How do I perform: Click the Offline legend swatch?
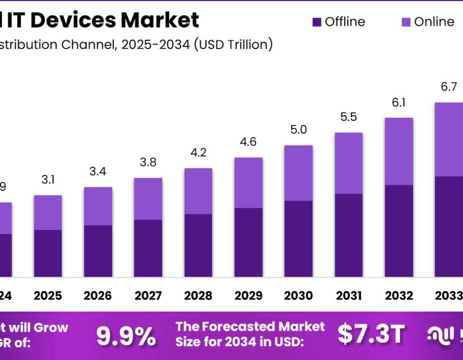[316, 22]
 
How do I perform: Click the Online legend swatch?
[406, 22]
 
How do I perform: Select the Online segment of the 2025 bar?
[48, 212]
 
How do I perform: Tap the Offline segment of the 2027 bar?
[148, 248]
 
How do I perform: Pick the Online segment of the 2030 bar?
[298, 173]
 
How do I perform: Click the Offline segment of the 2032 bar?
[399, 231]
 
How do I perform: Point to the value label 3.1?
[48, 180]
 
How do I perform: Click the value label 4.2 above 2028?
[198, 153]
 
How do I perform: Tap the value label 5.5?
[348, 117]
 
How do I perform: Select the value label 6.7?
[449, 87]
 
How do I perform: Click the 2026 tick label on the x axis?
[98, 296]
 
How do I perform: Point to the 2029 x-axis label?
[248, 296]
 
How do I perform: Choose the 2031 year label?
[348, 296]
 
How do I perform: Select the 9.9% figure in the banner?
[126, 336]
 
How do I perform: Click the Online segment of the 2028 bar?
[198, 191]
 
